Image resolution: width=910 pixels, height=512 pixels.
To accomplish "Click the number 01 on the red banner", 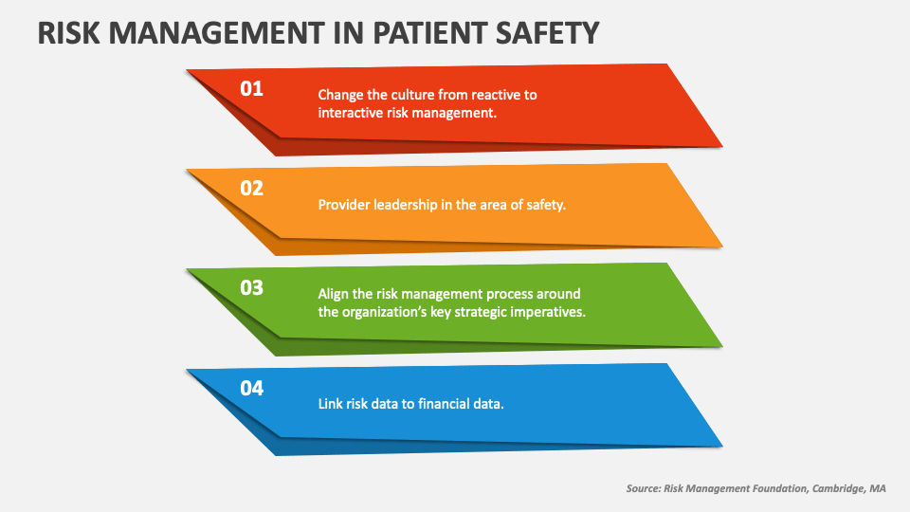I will tap(250, 89).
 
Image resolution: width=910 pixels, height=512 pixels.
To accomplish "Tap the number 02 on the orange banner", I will tap(251, 189).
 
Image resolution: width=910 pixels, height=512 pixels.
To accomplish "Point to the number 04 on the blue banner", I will tap(251, 388).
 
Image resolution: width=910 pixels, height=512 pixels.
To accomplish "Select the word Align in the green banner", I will tap(335, 294).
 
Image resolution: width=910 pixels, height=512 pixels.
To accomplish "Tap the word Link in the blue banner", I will tap(331, 403).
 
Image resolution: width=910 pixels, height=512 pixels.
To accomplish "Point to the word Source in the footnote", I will tap(645, 488).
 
